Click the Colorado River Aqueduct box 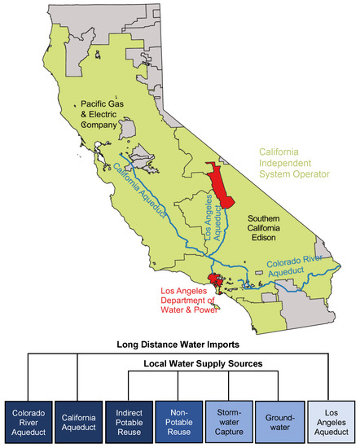[x=29, y=419]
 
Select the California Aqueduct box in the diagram [x=79, y=419]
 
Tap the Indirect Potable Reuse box [x=129, y=419]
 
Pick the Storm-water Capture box [x=230, y=419]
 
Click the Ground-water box [x=279, y=419]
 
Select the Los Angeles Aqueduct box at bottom [x=331, y=419]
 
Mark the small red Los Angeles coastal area [x=214, y=283]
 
